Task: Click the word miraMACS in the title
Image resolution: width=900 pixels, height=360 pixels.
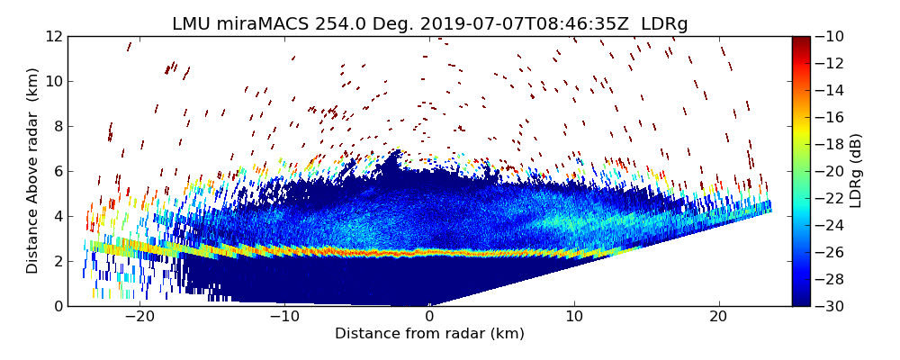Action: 265,24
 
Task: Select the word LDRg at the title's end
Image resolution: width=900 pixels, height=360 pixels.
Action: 664,24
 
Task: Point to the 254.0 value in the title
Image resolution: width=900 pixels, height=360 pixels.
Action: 339,24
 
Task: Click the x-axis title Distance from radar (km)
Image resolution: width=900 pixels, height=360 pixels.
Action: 429,334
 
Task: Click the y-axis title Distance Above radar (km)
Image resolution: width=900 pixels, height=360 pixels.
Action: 33,170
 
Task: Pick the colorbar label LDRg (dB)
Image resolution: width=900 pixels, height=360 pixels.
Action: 856,171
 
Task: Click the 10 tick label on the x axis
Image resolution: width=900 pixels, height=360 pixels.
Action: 574,317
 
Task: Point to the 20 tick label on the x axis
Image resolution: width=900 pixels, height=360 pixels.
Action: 718,317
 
